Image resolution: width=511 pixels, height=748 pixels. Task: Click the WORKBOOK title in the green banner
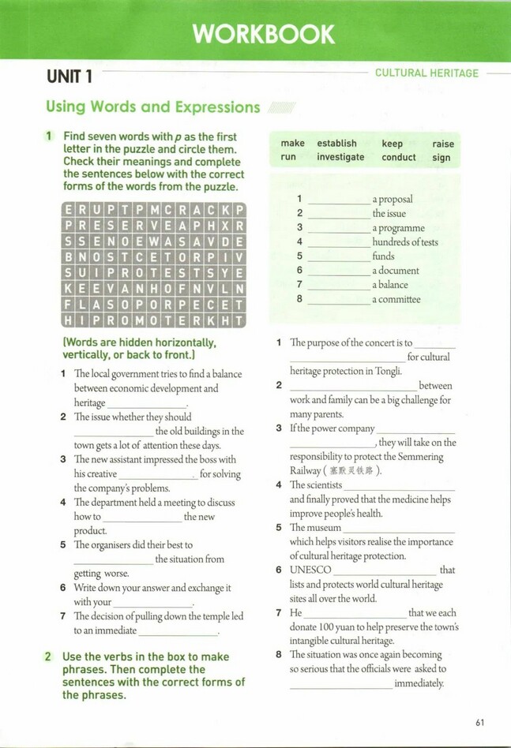coord(264,34)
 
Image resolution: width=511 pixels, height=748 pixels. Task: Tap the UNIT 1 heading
coord(70,77)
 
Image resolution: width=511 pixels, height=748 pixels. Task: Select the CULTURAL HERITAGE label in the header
coord(426,73)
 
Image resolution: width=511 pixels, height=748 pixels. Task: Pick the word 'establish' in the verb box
coord(336,144)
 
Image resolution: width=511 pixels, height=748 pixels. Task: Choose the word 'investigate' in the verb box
coord(340,157)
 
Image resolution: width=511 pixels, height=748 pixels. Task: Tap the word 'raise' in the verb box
coord(443,144)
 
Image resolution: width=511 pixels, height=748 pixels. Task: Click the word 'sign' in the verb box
coord(441,157)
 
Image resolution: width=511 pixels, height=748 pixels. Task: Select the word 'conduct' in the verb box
coord(399,157)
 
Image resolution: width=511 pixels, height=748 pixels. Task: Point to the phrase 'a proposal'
coord(393,200)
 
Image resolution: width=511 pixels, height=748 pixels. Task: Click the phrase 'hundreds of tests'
coord(405,242)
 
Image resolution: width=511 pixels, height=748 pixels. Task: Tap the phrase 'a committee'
coord(396,299)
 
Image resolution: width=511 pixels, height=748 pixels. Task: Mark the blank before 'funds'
coord(338,257)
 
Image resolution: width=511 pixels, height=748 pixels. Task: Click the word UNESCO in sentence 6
coord(310,570)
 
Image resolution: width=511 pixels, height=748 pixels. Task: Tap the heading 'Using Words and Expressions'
coord(152,107)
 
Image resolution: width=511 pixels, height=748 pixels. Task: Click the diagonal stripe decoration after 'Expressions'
coord(281,107)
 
